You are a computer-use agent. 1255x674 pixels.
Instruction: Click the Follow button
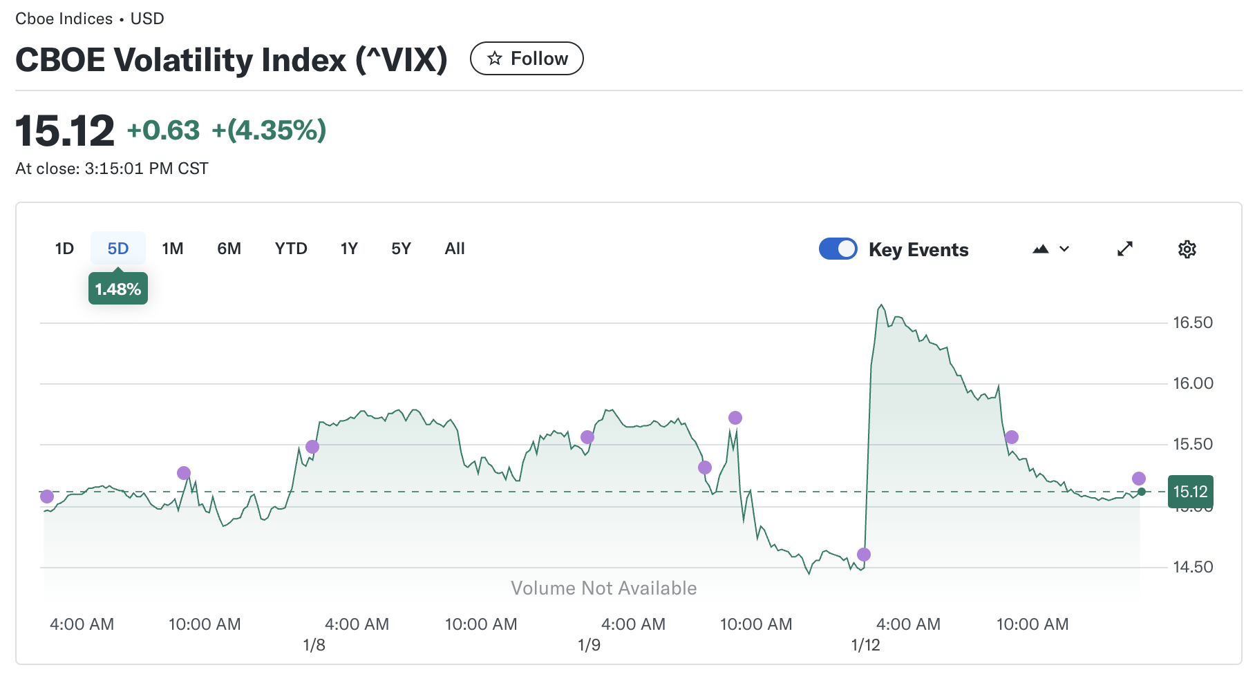pyautogui.click(x=527, y=59)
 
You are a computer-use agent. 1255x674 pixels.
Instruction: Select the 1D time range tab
pyautogui.click(x=64, y=249)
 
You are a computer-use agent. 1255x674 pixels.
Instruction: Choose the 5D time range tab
pyautogui.click(x=118, y=249)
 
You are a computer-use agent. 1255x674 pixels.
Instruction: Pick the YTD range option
pyautogui.click(x=291, y=249)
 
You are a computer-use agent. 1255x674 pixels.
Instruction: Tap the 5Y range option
pyautogui.click(x=401, y=249)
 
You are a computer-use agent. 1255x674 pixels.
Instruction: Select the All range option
pyautogui.click(x=455, y=249)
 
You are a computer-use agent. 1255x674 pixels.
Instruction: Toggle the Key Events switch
pyautogui.click(x=838, y=249)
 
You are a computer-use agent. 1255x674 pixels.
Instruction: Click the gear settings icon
pyautogui.click(x=1187, y=249)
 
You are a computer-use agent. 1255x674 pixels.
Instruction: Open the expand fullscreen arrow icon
pyautogui.click(x=1125, y=249)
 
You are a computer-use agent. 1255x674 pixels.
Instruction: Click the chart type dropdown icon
pyautogui.click(x=1050, y=249)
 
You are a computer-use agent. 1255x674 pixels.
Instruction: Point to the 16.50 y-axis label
pyautogui.click(x=1193, y=322)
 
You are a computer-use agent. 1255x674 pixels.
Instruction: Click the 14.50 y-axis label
pyautogui.click(x=1193, y=567)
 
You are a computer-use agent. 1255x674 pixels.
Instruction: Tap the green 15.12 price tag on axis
pyautogui.click(x=1190, y=492)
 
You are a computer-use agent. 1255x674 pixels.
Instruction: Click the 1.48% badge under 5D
pyautogui.click(x=118, y=289)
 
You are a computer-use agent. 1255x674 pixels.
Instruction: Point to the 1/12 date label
pyautogui.click(x=865, y=645)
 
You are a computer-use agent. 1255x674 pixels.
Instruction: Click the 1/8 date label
pyautogui.click(x=314, y=645)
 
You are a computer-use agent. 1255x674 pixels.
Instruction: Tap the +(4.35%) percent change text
pyautogui.click(x=269, y=130)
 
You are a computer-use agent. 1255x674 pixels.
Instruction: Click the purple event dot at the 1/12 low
pyautogui.click(x=864, y=555)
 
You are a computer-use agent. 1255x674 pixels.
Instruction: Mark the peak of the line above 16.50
pyautogui.click(x=881, y=305)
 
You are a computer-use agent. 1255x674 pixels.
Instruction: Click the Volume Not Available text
pyautogui.click(x=603, y=588)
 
